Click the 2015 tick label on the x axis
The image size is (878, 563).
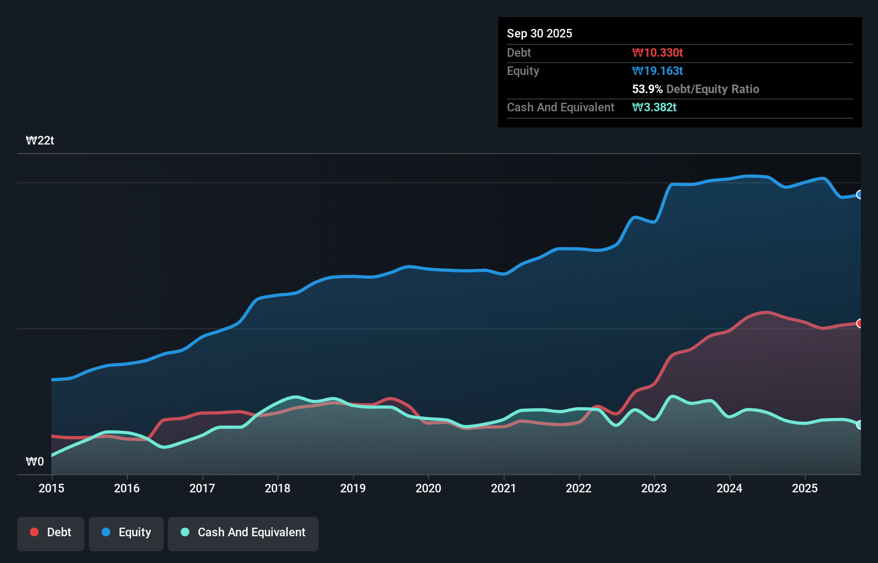pyautogui.click(x=51, y=488)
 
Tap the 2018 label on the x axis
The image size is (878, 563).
pyautogui.click(x=278, y=488)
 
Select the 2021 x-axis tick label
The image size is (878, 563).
pyautogui.click(x=504, y=488)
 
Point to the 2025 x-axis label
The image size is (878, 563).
pyautogui.click(x=805, y=488)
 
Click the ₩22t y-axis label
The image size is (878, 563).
pyautogui.click(x=40, y=141)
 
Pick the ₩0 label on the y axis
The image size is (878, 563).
pyautogui.click(x=35, y=461)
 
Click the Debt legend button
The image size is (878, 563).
pyautogui.click(x=51, y=532)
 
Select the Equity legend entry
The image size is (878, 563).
pyautogui.click(x=126, y=532)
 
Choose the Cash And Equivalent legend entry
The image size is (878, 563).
pyautogui.click(x=243, y=532)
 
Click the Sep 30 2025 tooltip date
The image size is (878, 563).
pyautogui.click(x=540, y=34)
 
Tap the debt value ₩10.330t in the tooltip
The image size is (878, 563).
pyautogui.click(x=657, y=52)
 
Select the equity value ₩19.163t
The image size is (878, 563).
pyautogui.click(x=657, y=71)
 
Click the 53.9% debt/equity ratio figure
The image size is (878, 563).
pyautogui.click(x=647, y=89)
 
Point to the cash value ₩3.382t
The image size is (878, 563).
pyautogui.click(x=654, y=108)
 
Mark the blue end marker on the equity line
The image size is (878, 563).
pyautogui.click(x=859, y=195)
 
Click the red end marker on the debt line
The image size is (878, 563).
pyautogui.click(x=859, y=323)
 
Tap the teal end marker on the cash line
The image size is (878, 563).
pyautogui.click(x=859, y=425)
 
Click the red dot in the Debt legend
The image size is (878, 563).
pyautogui.click(x=34, y=532)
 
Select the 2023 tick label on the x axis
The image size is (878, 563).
pyautogui.click(x=654, y=488)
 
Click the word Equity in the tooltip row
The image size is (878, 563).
pyautogui.click(x=523, y=71)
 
